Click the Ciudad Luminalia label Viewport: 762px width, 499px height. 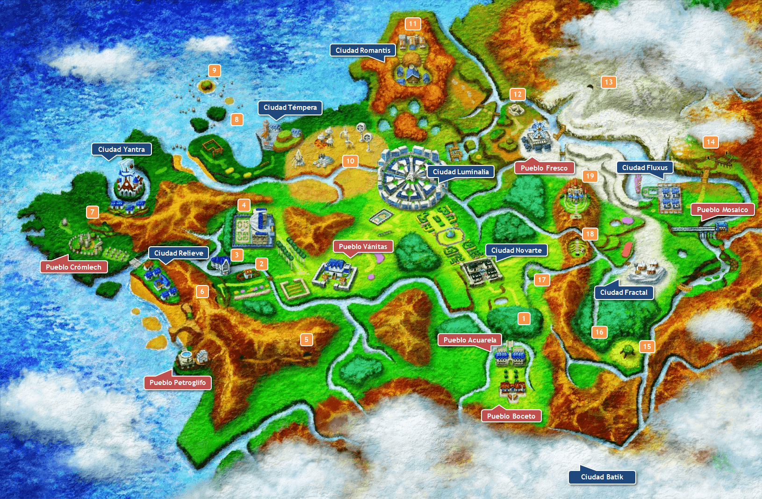(460, 172)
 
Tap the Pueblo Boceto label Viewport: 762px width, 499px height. (511, 416)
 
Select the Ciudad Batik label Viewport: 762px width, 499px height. (602, 477)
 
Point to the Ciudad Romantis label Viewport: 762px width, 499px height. (363, 50)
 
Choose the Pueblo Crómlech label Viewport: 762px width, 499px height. (74, 267)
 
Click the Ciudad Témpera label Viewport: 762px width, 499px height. (290, 107)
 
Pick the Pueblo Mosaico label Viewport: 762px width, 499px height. (722, 210)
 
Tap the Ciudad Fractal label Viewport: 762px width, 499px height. (624, 292)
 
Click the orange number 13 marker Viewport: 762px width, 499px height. (608, 82)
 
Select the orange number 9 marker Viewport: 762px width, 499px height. (214, 71)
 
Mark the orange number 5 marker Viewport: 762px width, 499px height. (306, 339)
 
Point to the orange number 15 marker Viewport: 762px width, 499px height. (647, 346)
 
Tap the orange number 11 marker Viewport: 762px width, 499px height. (412, 24)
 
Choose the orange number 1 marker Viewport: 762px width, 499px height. (524, 319)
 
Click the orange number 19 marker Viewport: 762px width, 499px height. (590, 176)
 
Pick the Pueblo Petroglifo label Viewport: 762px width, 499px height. (178, 382)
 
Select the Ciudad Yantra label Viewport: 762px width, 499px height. (122, 150)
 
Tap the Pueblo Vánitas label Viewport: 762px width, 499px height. (363, 247)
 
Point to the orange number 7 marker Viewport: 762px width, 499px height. (93, 212)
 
